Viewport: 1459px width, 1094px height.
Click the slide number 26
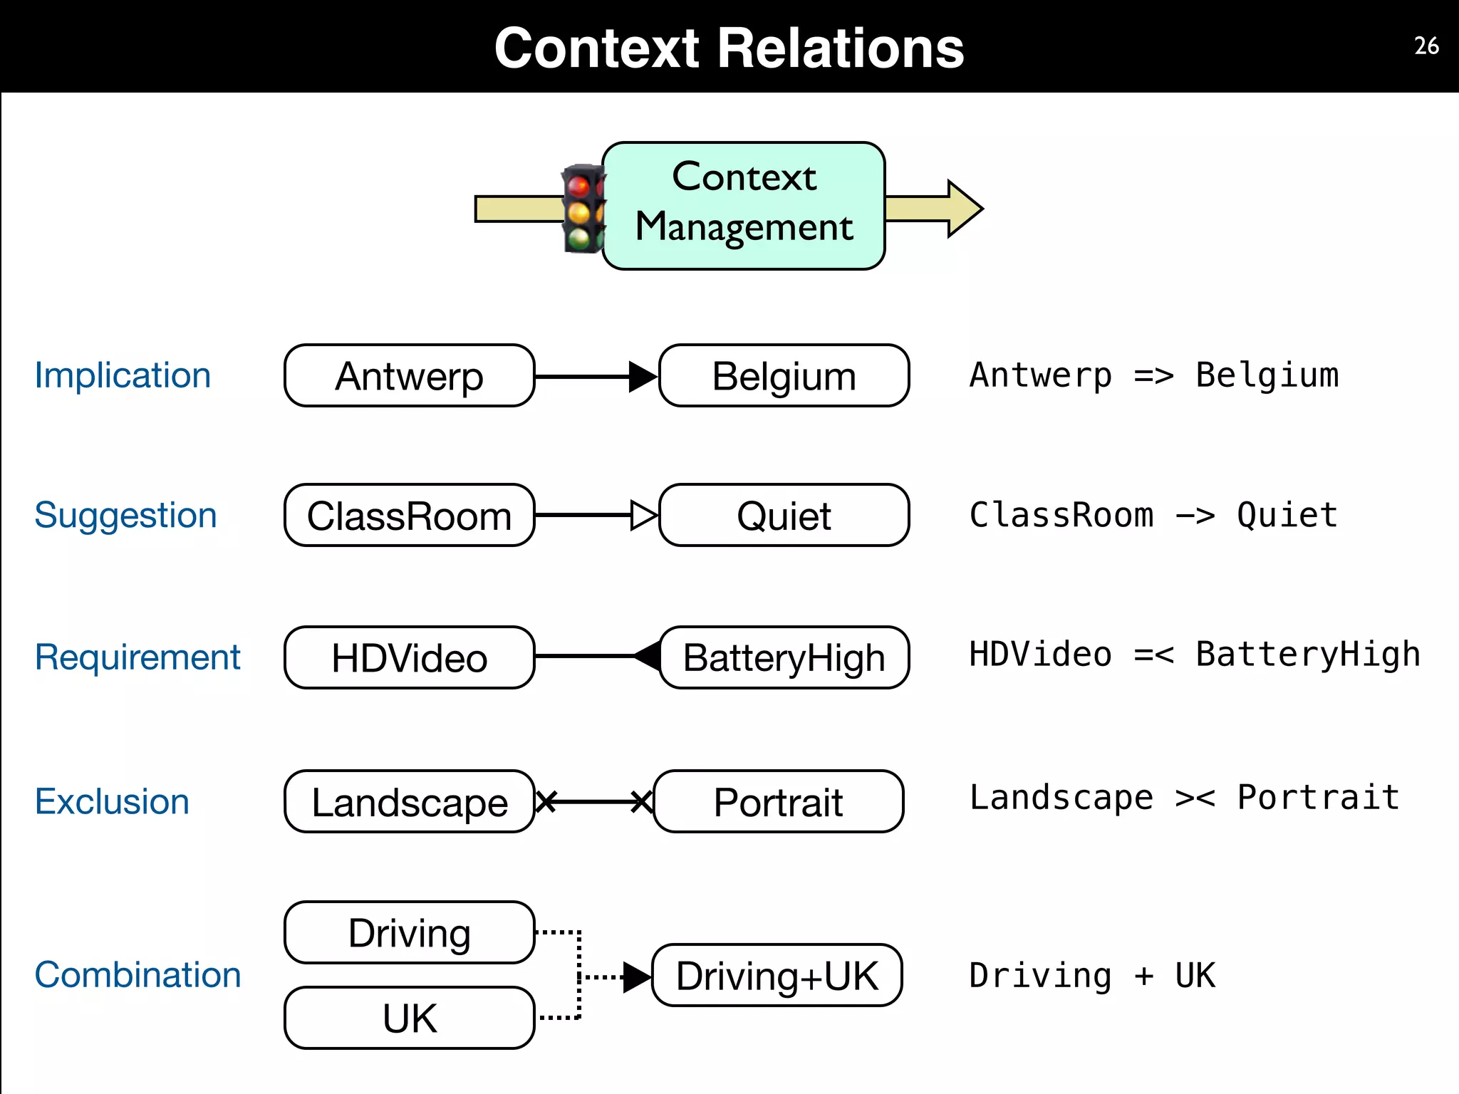(x=1426, y=46)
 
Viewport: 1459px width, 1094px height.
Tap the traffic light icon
(x=582, y=209)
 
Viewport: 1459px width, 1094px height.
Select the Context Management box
(x=744, y=206)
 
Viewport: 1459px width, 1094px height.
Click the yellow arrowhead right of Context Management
(x=963, y=209)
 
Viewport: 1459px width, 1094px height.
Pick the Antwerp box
(x=409, y=376)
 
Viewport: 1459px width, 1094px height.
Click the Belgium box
(x=784, y=376)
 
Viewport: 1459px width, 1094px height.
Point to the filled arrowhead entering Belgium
(x=642, y=376)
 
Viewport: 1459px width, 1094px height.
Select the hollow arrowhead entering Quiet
(x=643, y=515)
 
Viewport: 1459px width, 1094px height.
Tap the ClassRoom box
(x=409, y=516)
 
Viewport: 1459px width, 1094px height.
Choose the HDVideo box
(x=409, y=657)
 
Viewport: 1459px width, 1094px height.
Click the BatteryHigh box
(x=784, y=657)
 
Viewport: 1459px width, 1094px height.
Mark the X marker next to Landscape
(x=546, y=802)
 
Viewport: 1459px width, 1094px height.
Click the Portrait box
(x=778, y=802)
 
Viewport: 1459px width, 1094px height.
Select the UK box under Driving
(x=409, y=1018)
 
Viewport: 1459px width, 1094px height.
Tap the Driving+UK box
(x=777, y=976)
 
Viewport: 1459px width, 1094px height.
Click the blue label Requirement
(x=137, y=657)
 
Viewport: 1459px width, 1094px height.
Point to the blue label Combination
(x=137, y=974)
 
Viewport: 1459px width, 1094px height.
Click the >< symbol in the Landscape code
(x=1195, y=798)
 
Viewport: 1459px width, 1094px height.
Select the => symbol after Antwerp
(x=1153, y=375)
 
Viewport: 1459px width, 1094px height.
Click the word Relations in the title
(x=841, y=48)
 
